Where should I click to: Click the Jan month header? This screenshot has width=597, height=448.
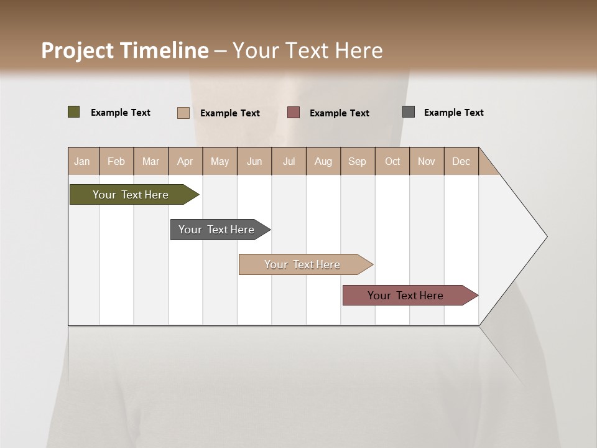pos(82,161)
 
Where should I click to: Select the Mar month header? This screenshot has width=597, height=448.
pos(150,161)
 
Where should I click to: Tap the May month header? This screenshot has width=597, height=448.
pos(220,161)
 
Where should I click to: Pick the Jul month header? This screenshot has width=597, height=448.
pos(289,161)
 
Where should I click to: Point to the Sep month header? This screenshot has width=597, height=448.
pos(357,161)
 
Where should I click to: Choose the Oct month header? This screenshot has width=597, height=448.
pos(392,161)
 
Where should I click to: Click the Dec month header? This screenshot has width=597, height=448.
pos(461,161)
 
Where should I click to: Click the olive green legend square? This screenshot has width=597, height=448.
pos(74,112)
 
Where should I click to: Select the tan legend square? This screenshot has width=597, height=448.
pos(183,113)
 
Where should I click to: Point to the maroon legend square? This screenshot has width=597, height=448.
pos(294,113)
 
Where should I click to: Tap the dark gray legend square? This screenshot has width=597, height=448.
pos(409,112)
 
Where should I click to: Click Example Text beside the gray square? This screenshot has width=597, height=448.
pos(453,112)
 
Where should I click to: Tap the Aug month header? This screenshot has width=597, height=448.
pos(323,161)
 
